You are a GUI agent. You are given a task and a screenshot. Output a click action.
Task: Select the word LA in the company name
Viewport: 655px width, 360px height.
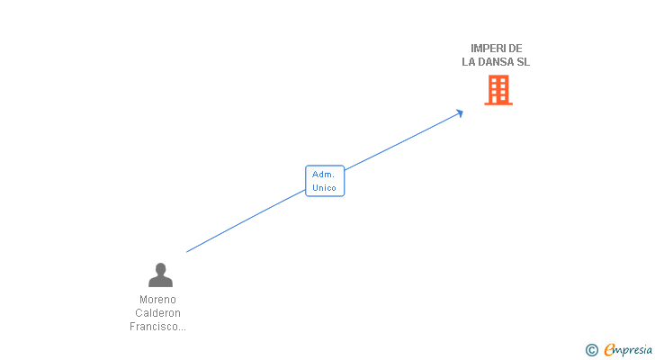pyautogui.click(x=468, y=62)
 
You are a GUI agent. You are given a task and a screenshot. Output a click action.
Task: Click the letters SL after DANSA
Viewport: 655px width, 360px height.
pyautogui.click(x=524, y=62)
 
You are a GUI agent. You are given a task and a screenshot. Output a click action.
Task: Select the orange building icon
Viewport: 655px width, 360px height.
pyautogui.click(x=498, y=90)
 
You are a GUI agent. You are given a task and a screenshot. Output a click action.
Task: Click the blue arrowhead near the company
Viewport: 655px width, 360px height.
pyautogui.click(x=460, y=113)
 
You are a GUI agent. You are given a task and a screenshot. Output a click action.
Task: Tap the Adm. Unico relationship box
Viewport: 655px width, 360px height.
pyautogui.click(x=325, y=181)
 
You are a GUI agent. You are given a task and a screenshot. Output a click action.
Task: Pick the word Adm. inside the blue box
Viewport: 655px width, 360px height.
pyautogui.click(x=323, y=175)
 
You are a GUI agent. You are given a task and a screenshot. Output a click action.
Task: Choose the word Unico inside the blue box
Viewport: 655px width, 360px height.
pyautogui.click(x=324, y=188)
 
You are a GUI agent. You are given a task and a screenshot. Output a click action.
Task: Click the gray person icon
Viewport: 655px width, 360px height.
pyautogui.click(x=160, y=274)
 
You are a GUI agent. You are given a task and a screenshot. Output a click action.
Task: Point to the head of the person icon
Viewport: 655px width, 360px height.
pyautogui.click(x=160, y=268)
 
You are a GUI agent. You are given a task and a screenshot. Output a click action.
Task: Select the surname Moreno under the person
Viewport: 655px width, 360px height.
pyautogui.click(x=158, y=300)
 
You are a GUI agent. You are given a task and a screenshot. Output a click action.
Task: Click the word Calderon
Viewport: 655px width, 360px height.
pyautogui.click(x=158, y=313)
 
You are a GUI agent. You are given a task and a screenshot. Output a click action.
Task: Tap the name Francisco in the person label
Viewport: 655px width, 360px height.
pyautogui.click(x=154, y=327)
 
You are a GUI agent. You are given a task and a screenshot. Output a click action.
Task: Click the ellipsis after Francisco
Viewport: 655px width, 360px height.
pyautogui.click(x=182, y=329)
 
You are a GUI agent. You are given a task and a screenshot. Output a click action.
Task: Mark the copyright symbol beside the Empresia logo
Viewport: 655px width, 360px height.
pyautogui.click(x=592, y=350)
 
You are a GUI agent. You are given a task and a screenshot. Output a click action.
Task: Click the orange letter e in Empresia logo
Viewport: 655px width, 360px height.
pyautogui.click(x=609, y=349)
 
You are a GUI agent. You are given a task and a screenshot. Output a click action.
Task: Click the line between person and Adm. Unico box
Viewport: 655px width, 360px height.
pyautogui.click(x=246, y=221)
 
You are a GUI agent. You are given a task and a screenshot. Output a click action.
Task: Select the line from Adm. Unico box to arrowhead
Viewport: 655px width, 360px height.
pyautogui.click(x=402, y=141)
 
